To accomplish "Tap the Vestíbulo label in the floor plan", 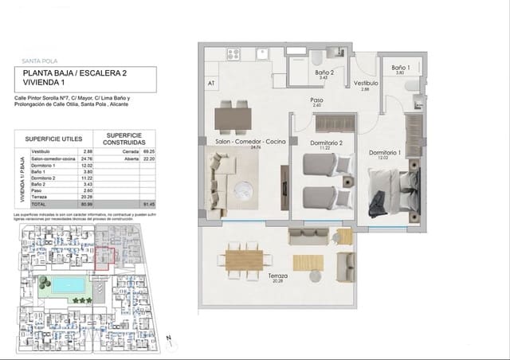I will pyautogui.click(x=366, y=83).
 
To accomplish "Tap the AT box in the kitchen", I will pyautogui.click(x=212, y=83).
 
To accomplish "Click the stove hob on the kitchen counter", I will pyautogui.click(x=234, y=55).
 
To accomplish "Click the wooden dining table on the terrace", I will pyautogui.click(x=245, y=260).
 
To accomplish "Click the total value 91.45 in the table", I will pyautogui.click(x=147, y=204).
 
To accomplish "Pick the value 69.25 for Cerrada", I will pyautogui.click(x=147, y=151).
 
